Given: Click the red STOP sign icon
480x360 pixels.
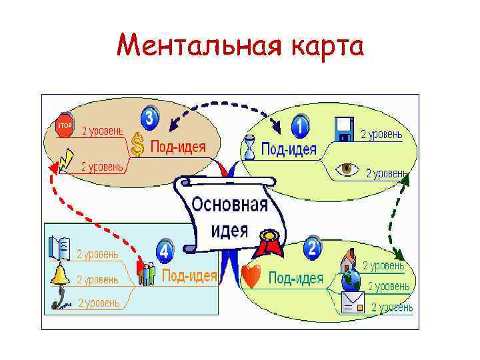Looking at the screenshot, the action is coord(65,125).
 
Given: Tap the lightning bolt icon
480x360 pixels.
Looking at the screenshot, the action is coord(66,160).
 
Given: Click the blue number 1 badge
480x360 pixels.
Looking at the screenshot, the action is coord(301,124).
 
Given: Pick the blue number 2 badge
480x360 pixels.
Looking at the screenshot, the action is coord(313,249).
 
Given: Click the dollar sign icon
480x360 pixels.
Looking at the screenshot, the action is coord(137,145).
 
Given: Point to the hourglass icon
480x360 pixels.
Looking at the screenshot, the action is coord(249,147).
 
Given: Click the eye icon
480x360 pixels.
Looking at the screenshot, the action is coord(347,169).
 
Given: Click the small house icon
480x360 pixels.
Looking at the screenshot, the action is coord(349,259).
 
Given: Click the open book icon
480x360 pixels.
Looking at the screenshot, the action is coord(59,248).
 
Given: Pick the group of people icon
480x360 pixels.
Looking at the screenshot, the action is coord(146,273).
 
